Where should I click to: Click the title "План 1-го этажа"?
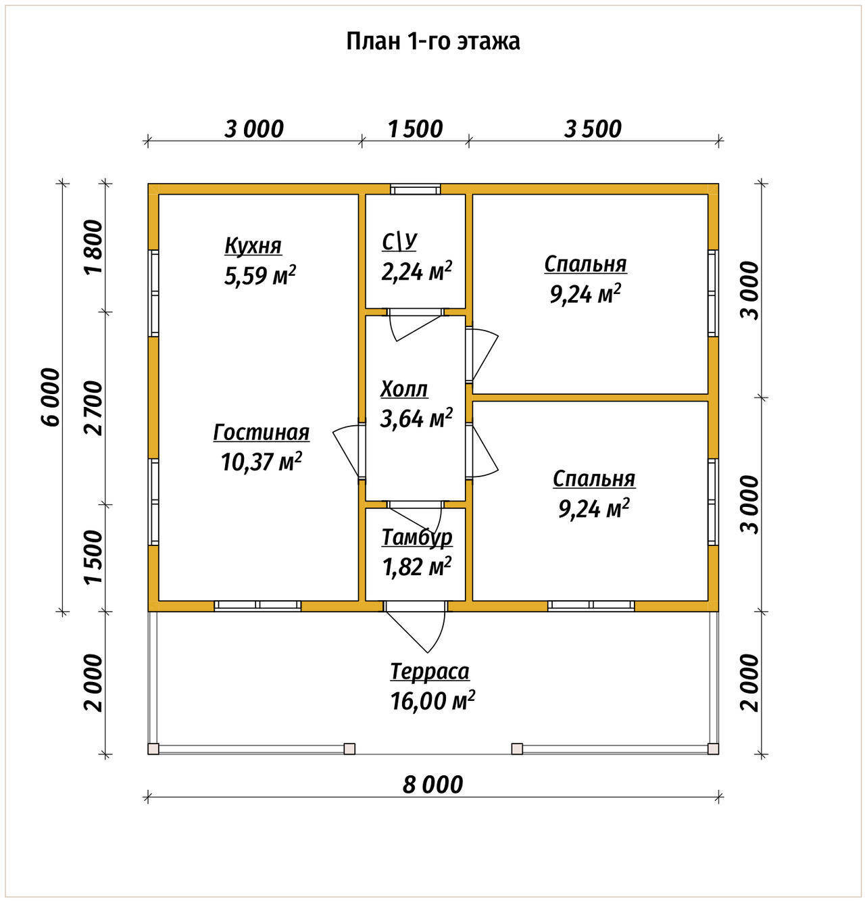[x=432, y=42]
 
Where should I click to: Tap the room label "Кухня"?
[x=253, y=245]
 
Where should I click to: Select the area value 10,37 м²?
[x=262, y=461]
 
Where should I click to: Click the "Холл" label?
[x=404, y=389]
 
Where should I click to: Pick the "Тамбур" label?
[x=417, y=538]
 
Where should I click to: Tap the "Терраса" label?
[x=430, y=671]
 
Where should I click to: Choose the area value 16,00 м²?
[x=432, y=701]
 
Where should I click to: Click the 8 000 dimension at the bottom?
[x=432, y=785]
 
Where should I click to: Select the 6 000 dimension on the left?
[x=51, y=397]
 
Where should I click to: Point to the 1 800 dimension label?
[x=93, y=247]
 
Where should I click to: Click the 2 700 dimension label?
[x=93, y=408]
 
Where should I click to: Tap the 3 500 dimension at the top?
[x=593, y=129]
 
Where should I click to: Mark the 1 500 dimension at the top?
[x=416, y=129]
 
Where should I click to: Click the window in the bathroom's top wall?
[x=415, y=189]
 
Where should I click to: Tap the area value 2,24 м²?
[x=416, y=271]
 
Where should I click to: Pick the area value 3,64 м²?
[x=416, y=418]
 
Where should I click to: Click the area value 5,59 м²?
[x=260, y=276]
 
